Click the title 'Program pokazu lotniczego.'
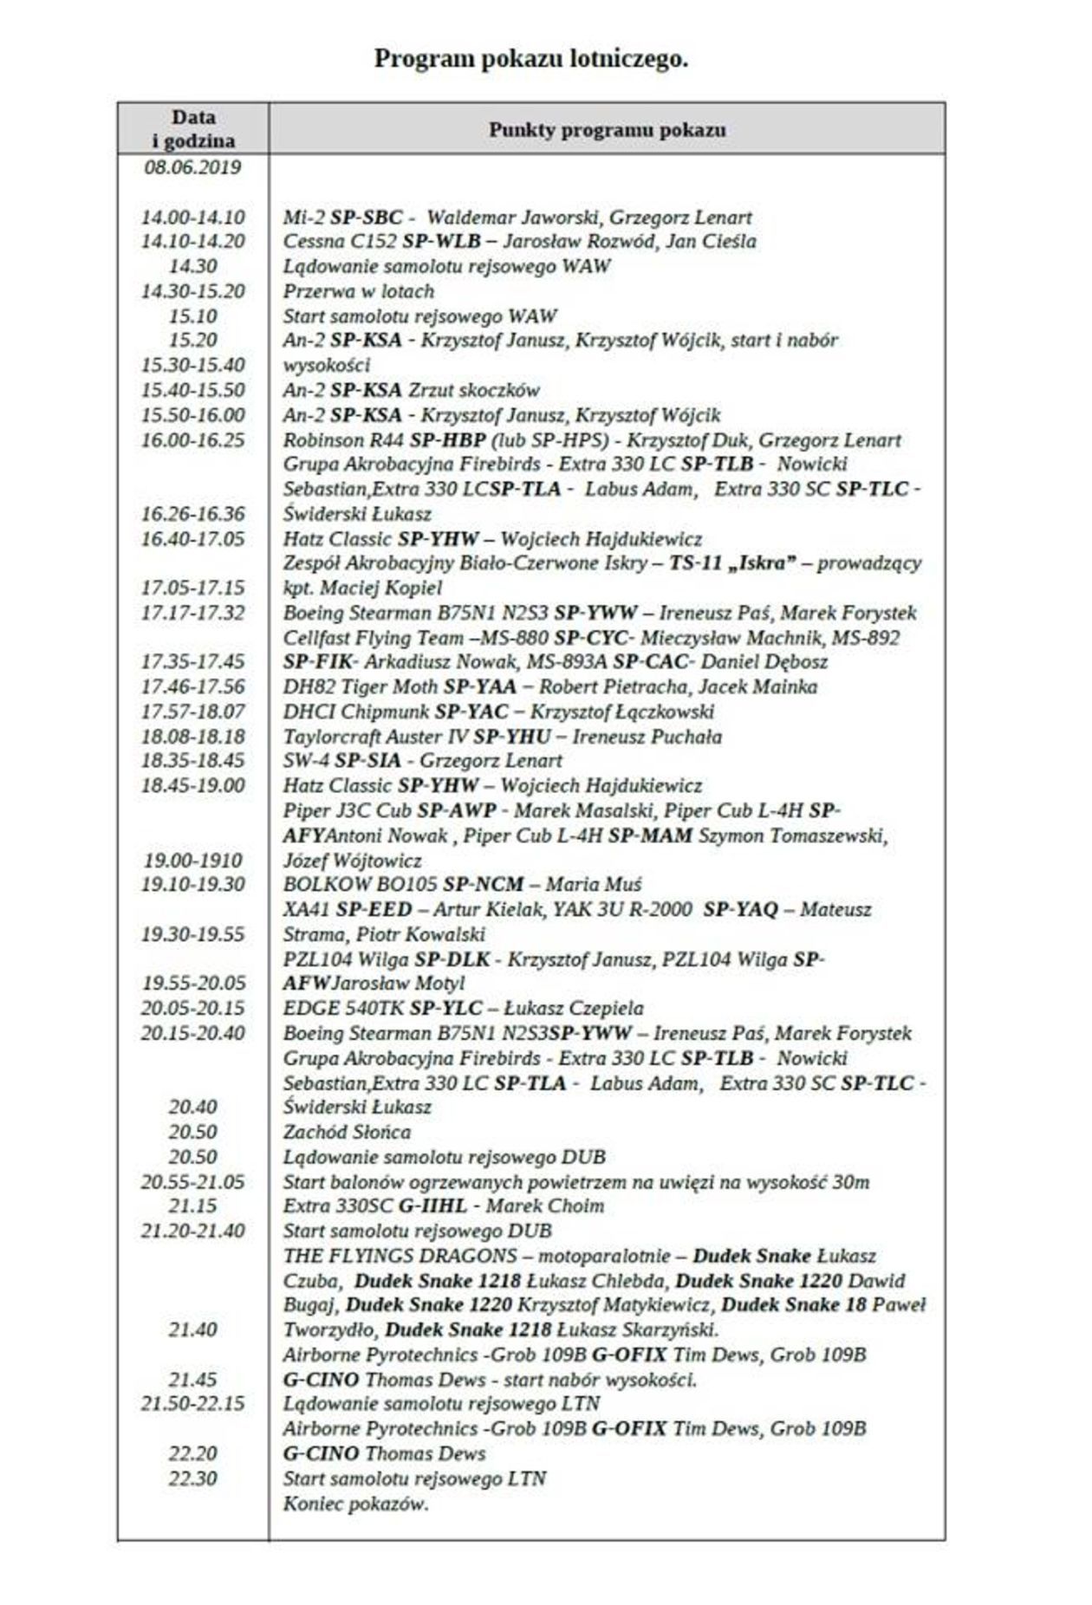[531, 59]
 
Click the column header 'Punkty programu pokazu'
[607, 130]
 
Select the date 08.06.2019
[192, 166]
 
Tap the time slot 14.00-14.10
[192, 217]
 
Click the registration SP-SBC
[367, 217]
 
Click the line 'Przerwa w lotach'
[358, 291]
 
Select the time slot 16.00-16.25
[192, 439]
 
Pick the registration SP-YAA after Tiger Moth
[479, 687]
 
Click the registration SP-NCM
[483, 885]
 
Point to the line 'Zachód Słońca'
[347, 1133]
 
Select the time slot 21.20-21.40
[192, 1231]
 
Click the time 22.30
[192, 1478]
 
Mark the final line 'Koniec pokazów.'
[355, 1504]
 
